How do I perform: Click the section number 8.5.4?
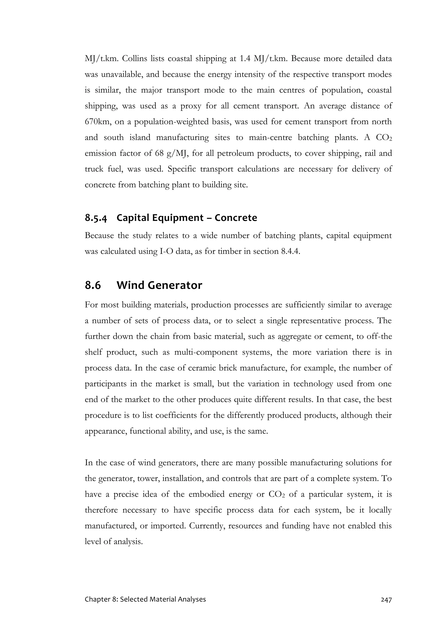click(96, 218)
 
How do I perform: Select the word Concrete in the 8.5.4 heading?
click(236, 218)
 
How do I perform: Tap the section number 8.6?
click(93, 285)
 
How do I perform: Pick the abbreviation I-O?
click(166, 251)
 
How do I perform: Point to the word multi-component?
click(206, 352)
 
